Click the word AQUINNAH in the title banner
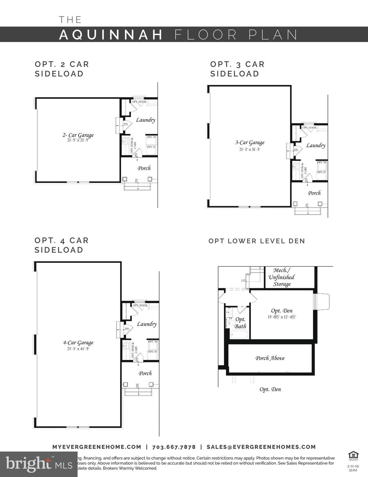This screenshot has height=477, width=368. click(x=111, y=34)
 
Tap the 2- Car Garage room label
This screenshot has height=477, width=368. click(x=78, y=135)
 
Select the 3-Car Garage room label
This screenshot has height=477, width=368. click(x=249, y=143)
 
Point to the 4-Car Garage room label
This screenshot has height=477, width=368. click(x=78, y=343)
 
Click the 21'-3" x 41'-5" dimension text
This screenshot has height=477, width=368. click(x=78, y=349)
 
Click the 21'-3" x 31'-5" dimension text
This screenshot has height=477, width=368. click(x=249, y=149)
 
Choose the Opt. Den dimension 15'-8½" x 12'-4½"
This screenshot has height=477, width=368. click(x=281, y=317)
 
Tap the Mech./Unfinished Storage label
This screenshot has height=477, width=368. click(x=281, y=277)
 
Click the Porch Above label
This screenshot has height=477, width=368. click(x=270, y=358)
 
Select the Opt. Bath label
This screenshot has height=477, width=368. click(x=240, y=323)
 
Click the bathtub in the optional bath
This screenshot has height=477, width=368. click(x=239, y=335)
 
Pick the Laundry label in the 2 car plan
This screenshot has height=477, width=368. click(x=145, y=120)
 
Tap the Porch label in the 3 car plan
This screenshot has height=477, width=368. click(x=314, y=193)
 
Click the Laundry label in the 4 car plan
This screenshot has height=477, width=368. click(x=146, y=324)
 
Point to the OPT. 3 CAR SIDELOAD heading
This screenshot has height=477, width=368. click(x=237, y=69)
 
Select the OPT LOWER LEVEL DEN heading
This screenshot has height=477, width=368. click(x=257, y=241)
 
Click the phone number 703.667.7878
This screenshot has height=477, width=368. click(x=174, y=447)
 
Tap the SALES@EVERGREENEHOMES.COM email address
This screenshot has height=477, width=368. click(x=261, y=447)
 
